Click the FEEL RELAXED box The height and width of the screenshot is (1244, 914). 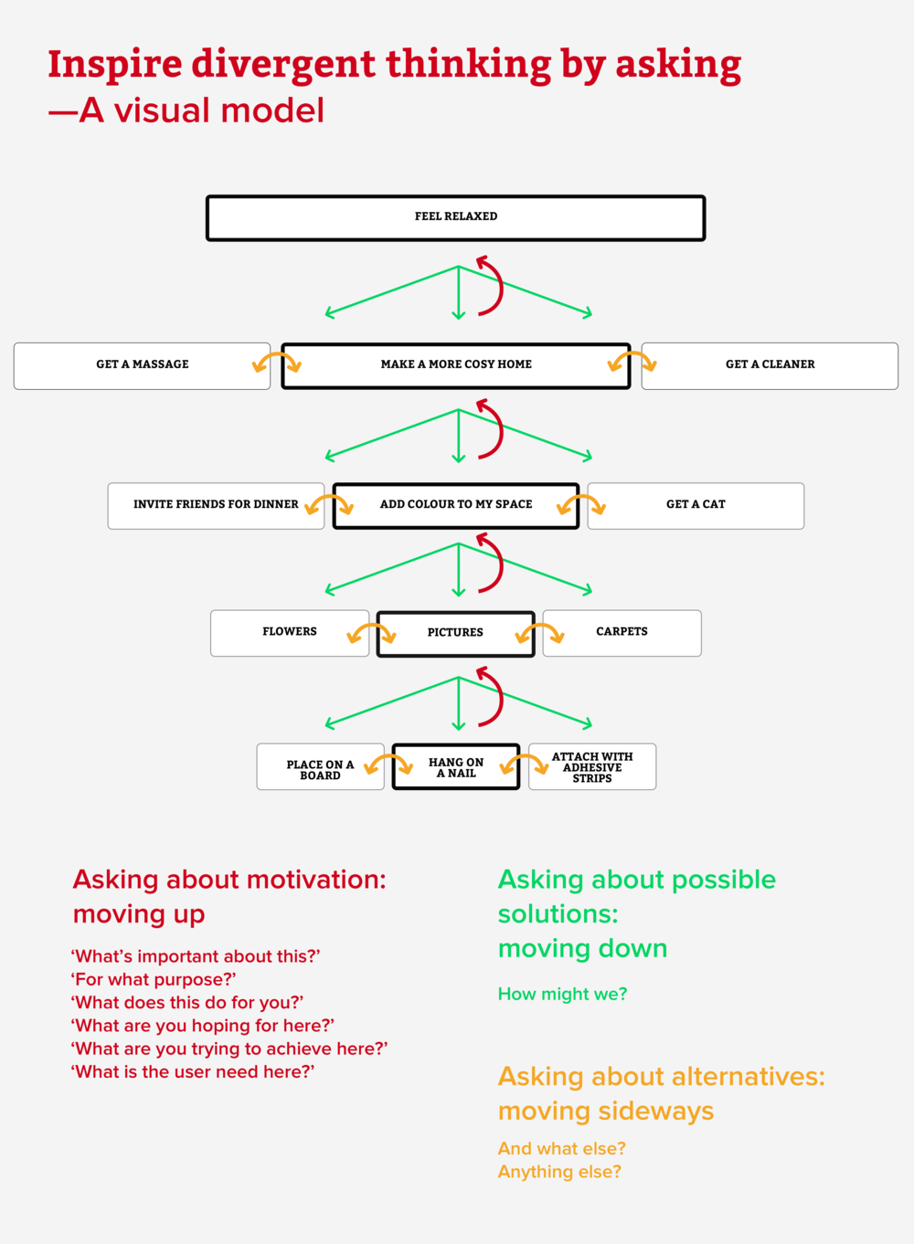456,217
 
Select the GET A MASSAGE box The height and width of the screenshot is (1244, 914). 142,365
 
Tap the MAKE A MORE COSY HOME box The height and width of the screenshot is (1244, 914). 456,365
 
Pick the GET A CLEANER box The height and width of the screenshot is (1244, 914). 770,365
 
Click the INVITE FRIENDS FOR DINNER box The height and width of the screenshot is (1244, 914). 216,505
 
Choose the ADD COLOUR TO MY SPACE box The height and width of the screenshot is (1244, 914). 456,505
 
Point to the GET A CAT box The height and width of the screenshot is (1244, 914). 696,505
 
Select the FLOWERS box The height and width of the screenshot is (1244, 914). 290,632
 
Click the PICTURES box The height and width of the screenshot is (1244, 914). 455,633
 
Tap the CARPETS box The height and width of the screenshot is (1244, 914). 622,632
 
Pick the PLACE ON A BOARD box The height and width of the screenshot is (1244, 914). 320,767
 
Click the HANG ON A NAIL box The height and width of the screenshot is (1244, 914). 456,767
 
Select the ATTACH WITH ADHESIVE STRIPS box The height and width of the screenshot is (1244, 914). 592,767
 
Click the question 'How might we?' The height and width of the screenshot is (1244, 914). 562,995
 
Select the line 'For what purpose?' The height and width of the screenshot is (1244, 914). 154,980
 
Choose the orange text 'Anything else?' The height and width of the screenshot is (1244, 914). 559,1172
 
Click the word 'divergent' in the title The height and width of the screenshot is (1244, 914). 283,64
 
